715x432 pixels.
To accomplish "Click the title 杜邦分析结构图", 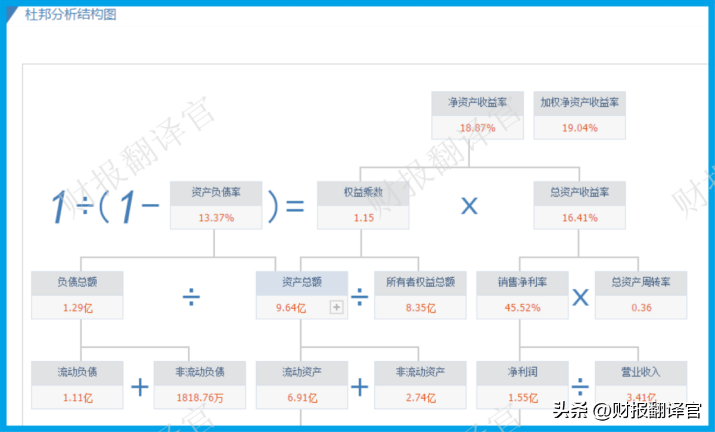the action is coord(70,14).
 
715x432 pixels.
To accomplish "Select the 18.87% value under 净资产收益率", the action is coord(477,128).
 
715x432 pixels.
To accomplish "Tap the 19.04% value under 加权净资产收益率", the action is coord(580,128).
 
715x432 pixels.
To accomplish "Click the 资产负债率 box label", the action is coord(216,192).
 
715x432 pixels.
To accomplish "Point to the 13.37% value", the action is coord(216,217).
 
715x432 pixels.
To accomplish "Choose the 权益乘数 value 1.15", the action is coord(363,217).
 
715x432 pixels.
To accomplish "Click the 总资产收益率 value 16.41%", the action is coord(580,217).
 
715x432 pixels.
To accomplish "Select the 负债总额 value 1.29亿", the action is coord(77,308).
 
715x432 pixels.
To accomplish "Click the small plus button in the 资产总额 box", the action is coord(337,307).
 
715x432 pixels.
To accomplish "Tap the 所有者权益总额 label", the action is coord(421,282).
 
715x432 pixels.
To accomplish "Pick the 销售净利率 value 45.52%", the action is coord(522,307).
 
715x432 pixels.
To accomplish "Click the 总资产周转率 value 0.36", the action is coord(641,307).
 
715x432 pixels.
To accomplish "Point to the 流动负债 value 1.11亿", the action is coord(77,398).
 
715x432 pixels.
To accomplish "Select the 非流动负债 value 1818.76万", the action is coord(200,398).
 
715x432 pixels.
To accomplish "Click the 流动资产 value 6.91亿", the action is coord(302,398).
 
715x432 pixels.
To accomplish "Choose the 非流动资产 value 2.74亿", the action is coord(421,398).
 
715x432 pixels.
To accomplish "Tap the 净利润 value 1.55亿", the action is coord(523,398).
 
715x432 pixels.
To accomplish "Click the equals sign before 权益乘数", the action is coord(295,206).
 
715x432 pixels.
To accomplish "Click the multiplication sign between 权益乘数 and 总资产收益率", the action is coord(470,206).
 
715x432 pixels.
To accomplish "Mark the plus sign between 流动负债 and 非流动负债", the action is coord(140,387).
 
